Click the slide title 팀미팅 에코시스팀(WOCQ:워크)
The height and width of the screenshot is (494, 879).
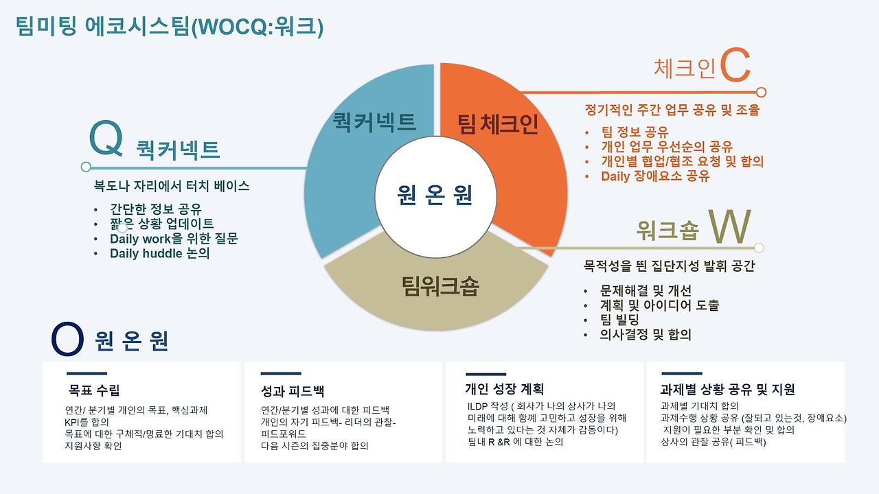point(169,27)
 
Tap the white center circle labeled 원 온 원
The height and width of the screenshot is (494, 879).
point(435,196)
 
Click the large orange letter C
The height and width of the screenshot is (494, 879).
point(735,67)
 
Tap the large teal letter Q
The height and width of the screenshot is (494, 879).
point(106,139)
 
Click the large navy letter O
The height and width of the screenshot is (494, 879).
point(67,340)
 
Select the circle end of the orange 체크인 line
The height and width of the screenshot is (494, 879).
point(761,92)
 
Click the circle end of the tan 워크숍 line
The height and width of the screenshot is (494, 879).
point(759,248)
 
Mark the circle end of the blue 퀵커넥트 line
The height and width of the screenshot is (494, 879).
point(86,167)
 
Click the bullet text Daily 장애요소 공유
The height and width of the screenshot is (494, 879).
point(655,176)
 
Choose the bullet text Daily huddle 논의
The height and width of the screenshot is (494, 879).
point(159,253)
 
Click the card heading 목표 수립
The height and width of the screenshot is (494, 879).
point(94,390)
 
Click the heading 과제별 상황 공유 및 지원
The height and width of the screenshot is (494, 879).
point(727,390)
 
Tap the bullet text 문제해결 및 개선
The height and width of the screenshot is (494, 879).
point(646,290)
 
